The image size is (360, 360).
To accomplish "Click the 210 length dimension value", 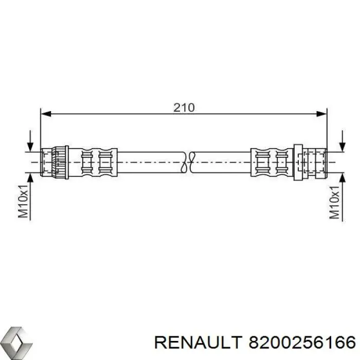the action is pos(184,107).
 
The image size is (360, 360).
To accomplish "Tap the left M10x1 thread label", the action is pos(23,201).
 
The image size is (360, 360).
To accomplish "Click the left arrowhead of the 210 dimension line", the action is pos(46,114).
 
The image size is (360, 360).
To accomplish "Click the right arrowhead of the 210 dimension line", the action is pos(321,114).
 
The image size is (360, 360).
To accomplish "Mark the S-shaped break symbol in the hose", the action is pos(188,162).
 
